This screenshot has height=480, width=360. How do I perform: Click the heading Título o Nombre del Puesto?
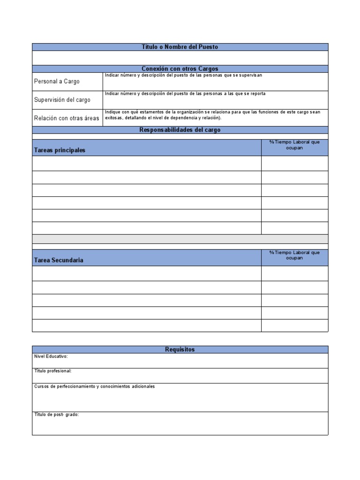(180, 47)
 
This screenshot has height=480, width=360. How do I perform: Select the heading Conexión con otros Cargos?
(180, 69)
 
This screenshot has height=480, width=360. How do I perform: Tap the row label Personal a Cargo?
(57, 82)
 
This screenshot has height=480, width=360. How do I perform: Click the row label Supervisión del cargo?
(62, 100)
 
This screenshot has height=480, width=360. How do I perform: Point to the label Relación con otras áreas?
(67, 118)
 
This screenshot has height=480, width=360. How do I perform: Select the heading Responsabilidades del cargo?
(180, 130)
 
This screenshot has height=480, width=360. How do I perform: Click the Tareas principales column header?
(60, 150)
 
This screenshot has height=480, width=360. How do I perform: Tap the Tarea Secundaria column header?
(59, 260)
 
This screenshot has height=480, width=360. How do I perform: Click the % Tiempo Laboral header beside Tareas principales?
(294, 145)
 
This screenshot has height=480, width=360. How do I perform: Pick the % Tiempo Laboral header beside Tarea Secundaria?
(294, 255)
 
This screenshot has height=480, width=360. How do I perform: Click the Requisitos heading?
(180, 349)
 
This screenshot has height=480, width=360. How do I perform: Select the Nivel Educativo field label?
(51, 356)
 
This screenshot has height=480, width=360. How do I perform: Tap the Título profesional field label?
(53, 371)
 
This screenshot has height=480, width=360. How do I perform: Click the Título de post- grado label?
(56, 415)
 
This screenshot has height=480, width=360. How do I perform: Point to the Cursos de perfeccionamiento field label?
(94, 386)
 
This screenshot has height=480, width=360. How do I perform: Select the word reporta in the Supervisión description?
(257, 94)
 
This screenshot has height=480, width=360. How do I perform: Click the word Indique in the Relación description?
(112, 112)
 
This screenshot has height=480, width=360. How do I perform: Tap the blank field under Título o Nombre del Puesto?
(180, 58)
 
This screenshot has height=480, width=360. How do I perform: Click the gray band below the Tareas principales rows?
(180, 239)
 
